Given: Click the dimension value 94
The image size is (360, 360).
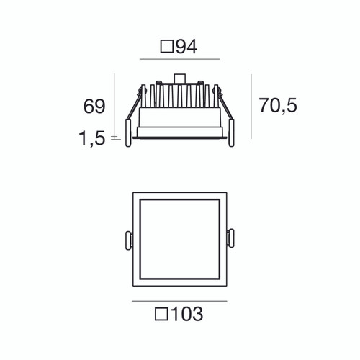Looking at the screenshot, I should [186, 48].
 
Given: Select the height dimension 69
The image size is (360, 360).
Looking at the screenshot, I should [95, 107].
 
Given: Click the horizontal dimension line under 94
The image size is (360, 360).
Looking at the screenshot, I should [179, 60].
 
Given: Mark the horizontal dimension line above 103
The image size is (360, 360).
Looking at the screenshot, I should [179, 300].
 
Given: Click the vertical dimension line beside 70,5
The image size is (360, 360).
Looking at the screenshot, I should [250, 105].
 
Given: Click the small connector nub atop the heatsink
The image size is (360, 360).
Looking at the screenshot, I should [179, 77].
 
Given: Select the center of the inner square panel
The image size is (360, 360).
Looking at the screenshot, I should [179, 238].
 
